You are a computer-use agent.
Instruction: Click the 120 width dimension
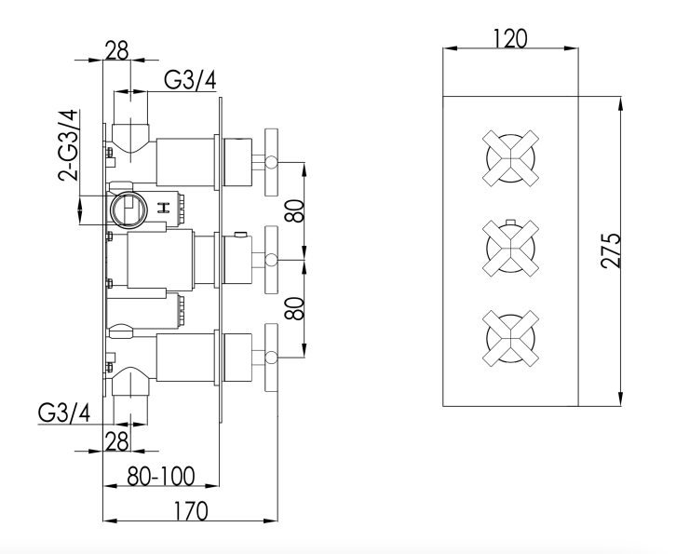(x=509, y=38)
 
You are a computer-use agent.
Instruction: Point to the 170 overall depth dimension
(x=190, y=510)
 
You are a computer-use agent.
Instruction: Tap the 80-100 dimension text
(x=162, y=477)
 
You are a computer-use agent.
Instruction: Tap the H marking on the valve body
(x=163, y=207)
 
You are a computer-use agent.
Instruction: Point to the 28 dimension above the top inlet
(x=116, y=50)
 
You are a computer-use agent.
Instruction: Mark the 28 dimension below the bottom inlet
(x=116, y=441)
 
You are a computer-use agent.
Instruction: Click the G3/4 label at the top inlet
(x=191, y=80)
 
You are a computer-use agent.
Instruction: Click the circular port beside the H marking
(x=127, y=209)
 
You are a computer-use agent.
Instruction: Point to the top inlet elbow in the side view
(x=130, y=135)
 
